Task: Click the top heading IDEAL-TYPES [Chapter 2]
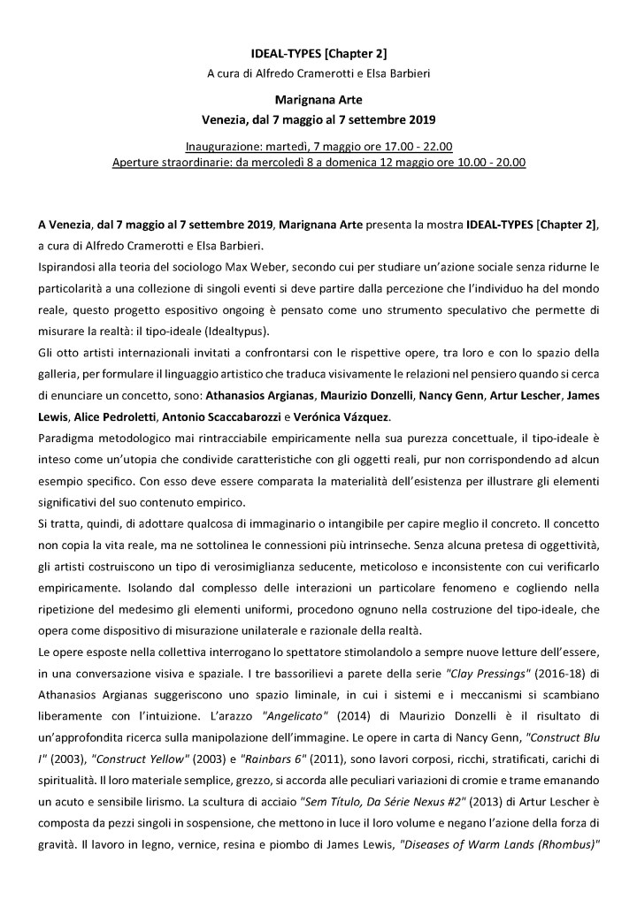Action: click(318, 55)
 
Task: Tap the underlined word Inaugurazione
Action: click(226, 145)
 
